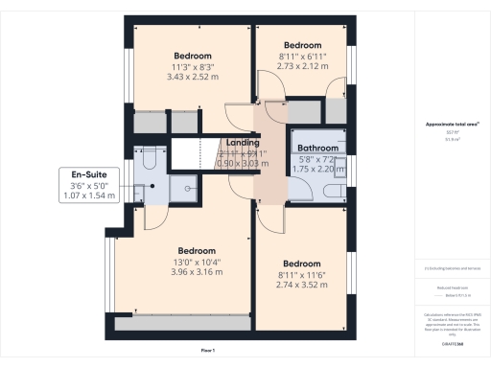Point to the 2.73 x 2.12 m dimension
(x=301, y=67)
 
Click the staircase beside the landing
(x=192, y=153)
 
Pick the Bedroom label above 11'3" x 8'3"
(x=193, y=56)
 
